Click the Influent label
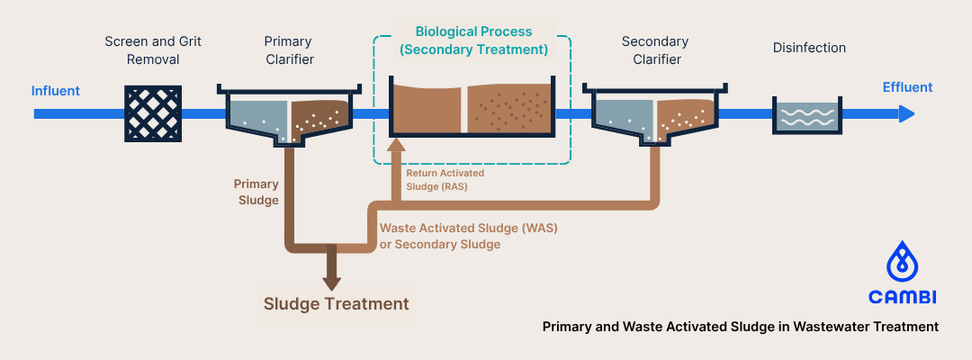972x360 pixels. pos(56,90)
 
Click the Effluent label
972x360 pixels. pos(907,87)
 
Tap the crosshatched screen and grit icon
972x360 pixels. pos(152,113)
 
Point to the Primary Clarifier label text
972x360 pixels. pos(289,50)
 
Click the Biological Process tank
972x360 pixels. pos(472,108)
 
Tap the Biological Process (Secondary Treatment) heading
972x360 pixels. pos(473,40)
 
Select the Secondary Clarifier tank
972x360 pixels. pos(653,115)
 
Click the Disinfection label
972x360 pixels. pos(809,48)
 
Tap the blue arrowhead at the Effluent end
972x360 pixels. pos(906,114)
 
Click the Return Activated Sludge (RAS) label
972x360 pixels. pos(445,179)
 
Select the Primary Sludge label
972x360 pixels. pos(256,192)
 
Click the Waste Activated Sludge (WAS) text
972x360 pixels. pos(468,236)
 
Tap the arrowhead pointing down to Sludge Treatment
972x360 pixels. pos(332,281)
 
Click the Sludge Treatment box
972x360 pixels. pos(336,304)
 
